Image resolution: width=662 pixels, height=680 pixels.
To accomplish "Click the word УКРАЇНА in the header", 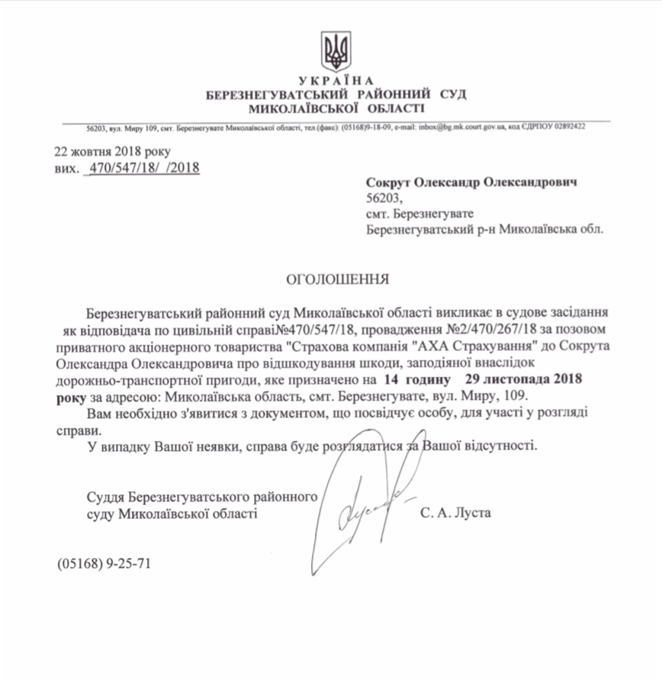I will click(x=336, y=81).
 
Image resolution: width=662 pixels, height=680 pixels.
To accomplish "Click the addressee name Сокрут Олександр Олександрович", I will click(x=471, y=183).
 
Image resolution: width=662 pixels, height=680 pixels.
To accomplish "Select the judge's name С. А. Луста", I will click(x=455, y=514).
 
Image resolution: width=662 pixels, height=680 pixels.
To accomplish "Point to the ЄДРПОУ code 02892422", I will click(x=567, y=127).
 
